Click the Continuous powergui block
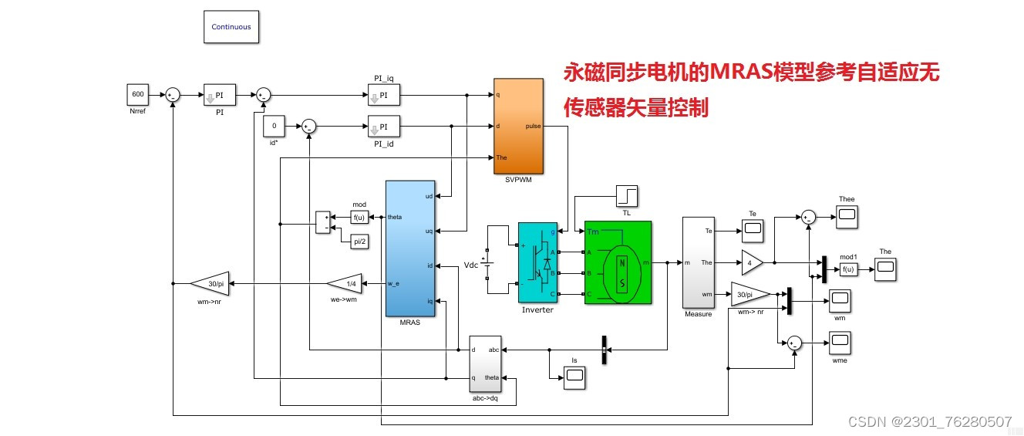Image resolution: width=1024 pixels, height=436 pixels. pos(231,27)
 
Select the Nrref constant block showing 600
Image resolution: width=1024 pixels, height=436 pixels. pos(137,95)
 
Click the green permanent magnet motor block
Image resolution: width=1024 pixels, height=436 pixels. pos(618,262)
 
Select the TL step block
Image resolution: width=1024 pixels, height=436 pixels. pos(626,197)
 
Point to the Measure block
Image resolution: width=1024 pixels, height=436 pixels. pos(699,262)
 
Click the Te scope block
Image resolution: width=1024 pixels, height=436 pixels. pos(752,228)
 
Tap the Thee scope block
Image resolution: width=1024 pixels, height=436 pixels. pos(847,217)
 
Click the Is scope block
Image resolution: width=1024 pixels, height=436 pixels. pos(574,377)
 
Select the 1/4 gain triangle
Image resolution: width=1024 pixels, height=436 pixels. pos(345,283)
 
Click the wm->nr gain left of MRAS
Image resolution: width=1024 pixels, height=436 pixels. pos(210,283)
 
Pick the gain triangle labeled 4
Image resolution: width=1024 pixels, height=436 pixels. pos(751,262)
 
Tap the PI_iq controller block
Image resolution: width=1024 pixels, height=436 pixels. pos(384,95)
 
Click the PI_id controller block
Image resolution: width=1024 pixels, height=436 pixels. pos(384,126)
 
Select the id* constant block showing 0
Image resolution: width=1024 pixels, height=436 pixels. pos(275,126)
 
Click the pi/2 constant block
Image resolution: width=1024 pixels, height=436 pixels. pos(359,242)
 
